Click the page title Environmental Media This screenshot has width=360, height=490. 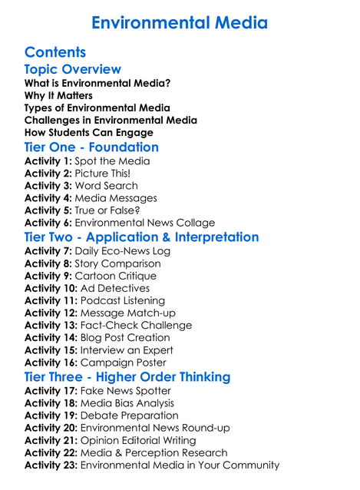(180, 22)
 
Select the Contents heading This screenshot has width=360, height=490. (55, 52)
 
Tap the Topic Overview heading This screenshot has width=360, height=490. (72, 70)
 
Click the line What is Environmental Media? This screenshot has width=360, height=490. (97, 83)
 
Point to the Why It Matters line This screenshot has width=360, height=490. (58, 96)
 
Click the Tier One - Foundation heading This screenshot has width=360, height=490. (91, 147)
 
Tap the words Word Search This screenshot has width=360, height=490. (106, 186)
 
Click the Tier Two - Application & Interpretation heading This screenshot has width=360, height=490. (141, 237)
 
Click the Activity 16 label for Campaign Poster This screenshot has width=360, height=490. (51, 363)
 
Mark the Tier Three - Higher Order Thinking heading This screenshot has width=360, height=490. (127, 377)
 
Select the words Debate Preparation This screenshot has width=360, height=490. (130, 416)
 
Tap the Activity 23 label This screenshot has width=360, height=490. (51, 465)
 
